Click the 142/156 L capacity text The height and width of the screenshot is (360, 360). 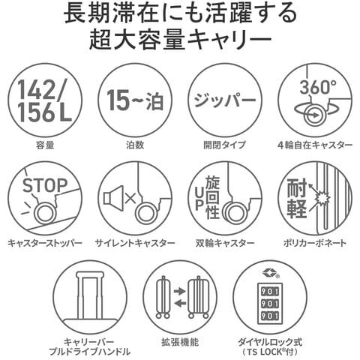[45, 100]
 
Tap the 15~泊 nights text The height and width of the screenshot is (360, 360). [135, 100]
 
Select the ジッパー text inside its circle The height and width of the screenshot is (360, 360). [225, 100]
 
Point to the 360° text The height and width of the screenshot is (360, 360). [318, 87]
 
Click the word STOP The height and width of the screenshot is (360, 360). [45, 185]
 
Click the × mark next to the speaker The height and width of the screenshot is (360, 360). [130, 198]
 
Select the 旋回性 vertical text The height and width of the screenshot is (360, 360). [212, 197]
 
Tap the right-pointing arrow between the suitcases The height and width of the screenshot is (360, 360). [180, 291]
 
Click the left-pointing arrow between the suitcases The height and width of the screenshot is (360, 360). [180, 303]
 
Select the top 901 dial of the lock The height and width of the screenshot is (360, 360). [270, 292]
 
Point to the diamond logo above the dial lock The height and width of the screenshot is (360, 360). [269, 272]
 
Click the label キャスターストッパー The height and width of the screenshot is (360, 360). [45, 243]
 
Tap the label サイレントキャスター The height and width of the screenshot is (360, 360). [135, 243]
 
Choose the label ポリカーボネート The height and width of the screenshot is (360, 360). [315, 243]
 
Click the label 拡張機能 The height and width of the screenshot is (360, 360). [180, 342]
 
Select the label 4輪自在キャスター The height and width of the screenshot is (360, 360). [315, 145]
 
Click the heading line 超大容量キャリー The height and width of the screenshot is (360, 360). [180, 39]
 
